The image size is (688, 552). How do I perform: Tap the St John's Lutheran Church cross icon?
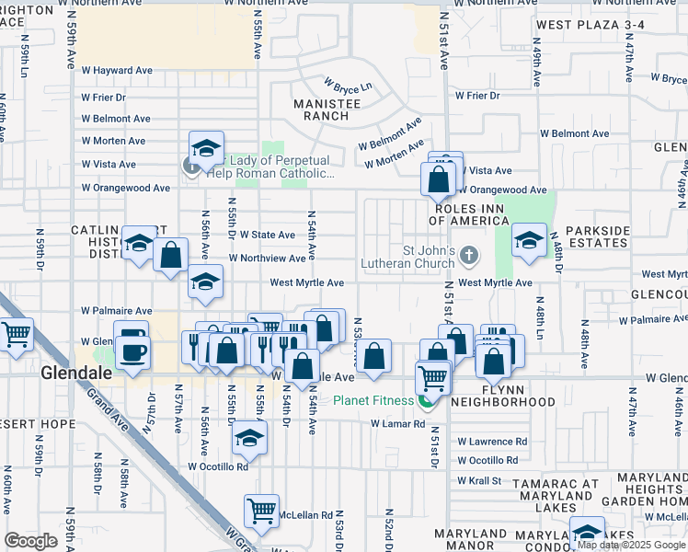pyautogui.click(x=469, y=253)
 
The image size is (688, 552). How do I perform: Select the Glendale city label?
pyautogui.click(x=77, y=374)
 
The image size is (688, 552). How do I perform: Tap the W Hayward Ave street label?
pyautogui.click(x=117, y=70)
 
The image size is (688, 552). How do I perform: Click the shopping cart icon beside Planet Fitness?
pyautogui.click(x=431, y=376)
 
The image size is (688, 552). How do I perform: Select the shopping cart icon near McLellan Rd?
pyautogui.click(x=262, y=511)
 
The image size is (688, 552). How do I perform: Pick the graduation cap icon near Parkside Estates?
pyautogui.click(x=529, y=240)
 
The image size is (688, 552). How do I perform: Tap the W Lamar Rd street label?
pyautogui.click(x=397, y=424)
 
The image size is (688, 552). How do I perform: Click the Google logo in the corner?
pyautogui.click(x=30, y=541)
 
